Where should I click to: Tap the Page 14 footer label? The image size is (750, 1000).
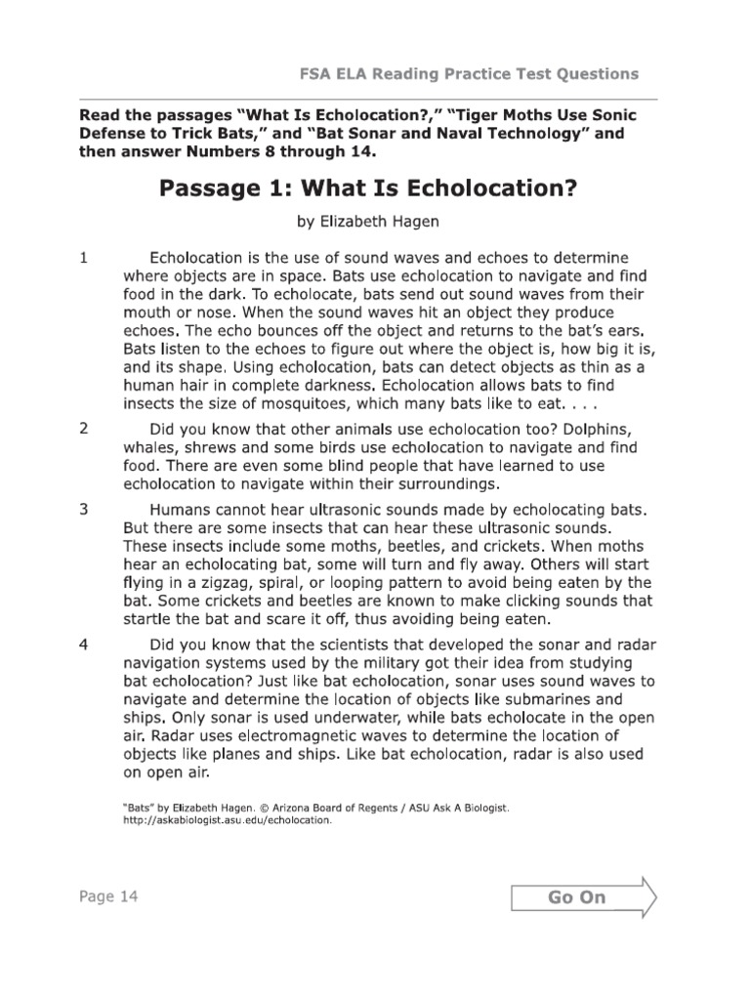click(x=108, y=896)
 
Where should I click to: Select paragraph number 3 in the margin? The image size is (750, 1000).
click(x=85, y=510)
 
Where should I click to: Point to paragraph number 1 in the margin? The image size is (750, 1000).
click(x=85, y=259)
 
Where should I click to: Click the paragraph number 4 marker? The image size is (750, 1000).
click(x=85, y=645)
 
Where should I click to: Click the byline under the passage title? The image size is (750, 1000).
click(x=367, y=222)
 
